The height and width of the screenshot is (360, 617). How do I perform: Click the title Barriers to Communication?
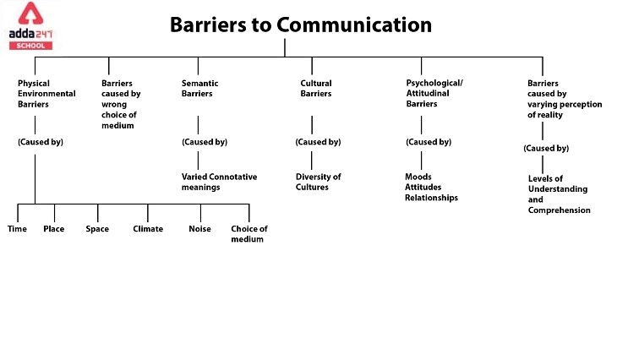[x=301, y=25]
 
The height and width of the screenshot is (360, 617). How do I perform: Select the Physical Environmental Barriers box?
[x=46, y=94]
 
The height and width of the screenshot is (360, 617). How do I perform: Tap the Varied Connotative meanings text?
[x=219, y=182]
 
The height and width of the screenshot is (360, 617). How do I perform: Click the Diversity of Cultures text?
[x=318, y=182]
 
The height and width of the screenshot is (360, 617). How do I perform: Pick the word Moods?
[x=418, y=177]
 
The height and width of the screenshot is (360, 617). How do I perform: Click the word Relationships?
[x=431, y=198]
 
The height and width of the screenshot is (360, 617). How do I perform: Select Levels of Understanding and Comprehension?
[x=559, y=194]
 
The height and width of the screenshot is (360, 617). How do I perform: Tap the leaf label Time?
[x=17, y=229]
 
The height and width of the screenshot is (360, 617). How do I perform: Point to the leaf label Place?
[x=54, y=229]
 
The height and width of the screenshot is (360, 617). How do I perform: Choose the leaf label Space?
[x=97, y=229]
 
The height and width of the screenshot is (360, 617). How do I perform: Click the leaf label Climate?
[x=148, y=229]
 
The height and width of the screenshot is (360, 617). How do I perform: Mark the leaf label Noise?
[x=199, y=229]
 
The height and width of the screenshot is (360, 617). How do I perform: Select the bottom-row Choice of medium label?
[x=249, y=234]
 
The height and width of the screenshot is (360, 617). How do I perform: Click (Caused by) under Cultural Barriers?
[x=318, y=142]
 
